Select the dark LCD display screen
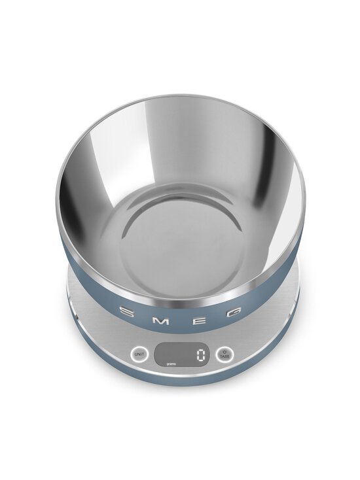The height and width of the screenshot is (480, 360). [181, 355]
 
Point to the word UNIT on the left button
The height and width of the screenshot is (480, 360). [138, 354]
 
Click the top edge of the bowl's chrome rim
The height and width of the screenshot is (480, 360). [179, 97]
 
